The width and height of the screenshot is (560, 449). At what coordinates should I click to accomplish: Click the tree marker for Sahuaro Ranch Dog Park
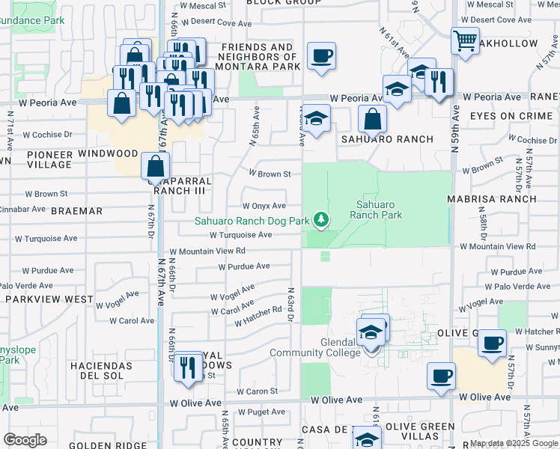[321, 219]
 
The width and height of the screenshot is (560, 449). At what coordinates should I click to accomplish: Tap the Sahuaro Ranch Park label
[378, 210]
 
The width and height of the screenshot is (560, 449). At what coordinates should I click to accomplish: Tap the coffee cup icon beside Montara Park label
[321, 56]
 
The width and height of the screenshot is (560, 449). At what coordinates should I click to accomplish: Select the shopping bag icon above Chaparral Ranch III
[155, 165]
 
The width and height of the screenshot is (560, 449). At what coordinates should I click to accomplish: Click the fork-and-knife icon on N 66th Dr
[187, 367]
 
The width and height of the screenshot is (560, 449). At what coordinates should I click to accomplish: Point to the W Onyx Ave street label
[264, 206]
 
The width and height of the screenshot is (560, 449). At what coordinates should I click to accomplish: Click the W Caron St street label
[257, 391]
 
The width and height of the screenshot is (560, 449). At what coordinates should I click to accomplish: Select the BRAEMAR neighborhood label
[76, 212]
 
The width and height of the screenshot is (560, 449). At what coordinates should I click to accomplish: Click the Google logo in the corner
[25, 440]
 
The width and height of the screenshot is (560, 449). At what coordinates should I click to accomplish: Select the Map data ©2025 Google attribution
[514, 444]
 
